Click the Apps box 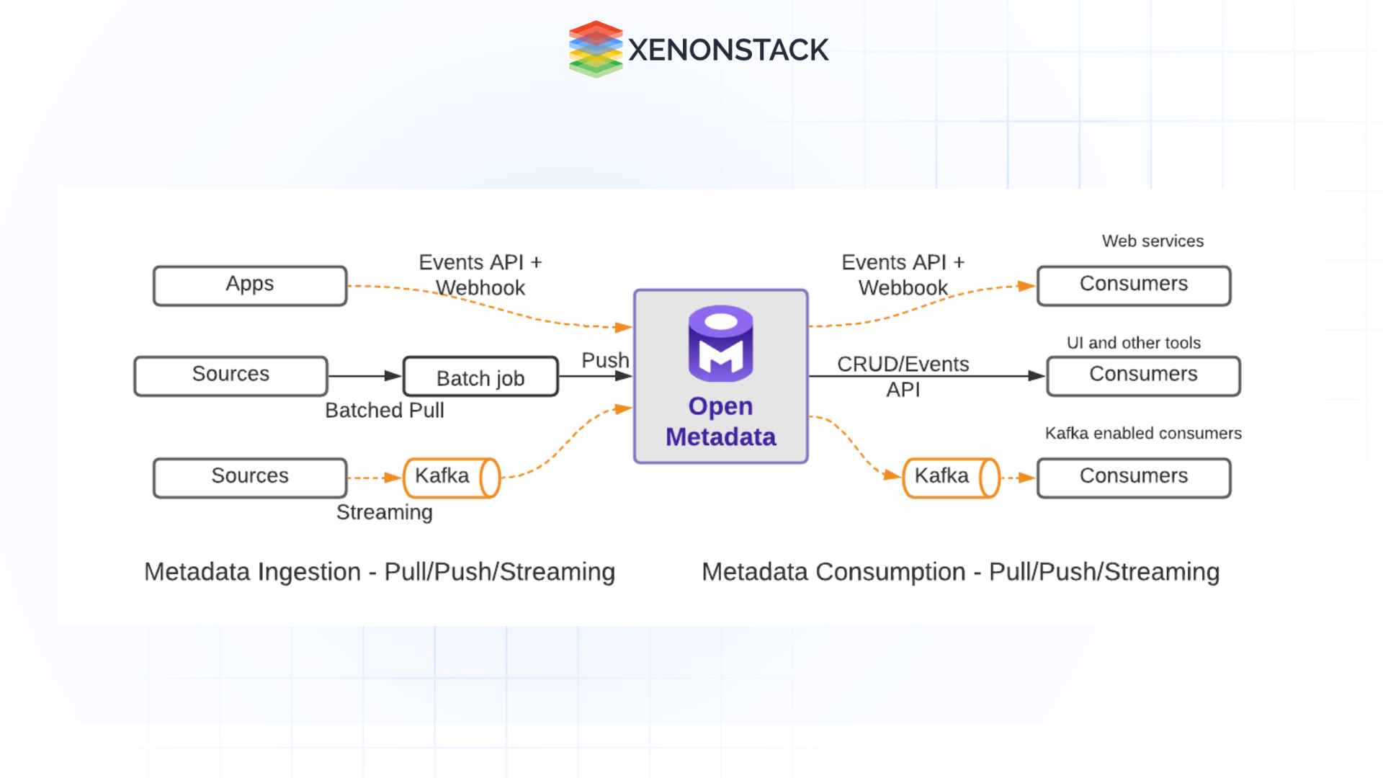[249, 285]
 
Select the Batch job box [480, 377]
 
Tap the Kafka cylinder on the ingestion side [451, 478]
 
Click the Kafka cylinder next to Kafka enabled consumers [951, 478]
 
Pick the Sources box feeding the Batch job [230, 375]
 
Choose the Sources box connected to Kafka [249, 478]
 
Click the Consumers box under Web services [1133, 285]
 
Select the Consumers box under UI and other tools [1143, 375]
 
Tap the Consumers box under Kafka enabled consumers [1133, 478]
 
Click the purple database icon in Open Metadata [720, 344]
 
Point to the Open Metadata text [720, 421]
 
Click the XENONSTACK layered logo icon [595, 49]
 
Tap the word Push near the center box [605, 359]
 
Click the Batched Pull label [384, 411]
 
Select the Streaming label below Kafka [384, 512]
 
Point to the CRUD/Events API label [903, 376]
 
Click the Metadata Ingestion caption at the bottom [379, 572]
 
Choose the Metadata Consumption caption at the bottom [960, 572]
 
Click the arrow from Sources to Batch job [364, 376]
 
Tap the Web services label [1152, 241]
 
